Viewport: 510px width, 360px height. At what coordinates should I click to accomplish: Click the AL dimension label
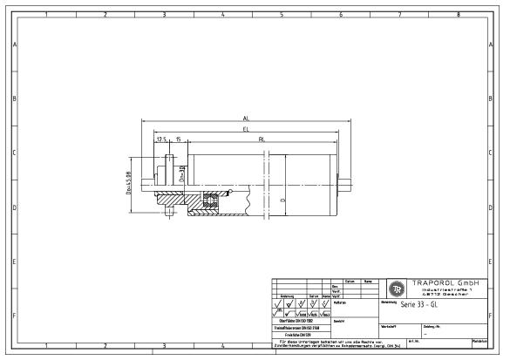247,118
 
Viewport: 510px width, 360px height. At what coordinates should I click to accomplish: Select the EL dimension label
247,128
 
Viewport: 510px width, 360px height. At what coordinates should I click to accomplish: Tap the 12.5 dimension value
161,139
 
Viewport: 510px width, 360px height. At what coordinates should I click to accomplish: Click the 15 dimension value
178,139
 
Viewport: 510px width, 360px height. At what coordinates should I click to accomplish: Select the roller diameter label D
284,199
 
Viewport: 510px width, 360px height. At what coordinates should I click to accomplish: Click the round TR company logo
396,289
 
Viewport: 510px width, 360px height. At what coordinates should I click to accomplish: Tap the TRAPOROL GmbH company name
445,282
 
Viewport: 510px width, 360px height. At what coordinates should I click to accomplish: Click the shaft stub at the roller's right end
347,184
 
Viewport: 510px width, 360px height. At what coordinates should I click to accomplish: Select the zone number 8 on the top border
459,15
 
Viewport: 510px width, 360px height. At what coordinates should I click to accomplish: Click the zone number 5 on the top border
281,15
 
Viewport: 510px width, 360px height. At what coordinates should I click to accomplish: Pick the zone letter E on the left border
13,262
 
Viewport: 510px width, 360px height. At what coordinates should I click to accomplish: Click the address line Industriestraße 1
445,289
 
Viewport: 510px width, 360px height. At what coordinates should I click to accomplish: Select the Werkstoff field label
389,327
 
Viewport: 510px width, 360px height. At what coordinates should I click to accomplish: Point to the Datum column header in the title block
349,281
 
